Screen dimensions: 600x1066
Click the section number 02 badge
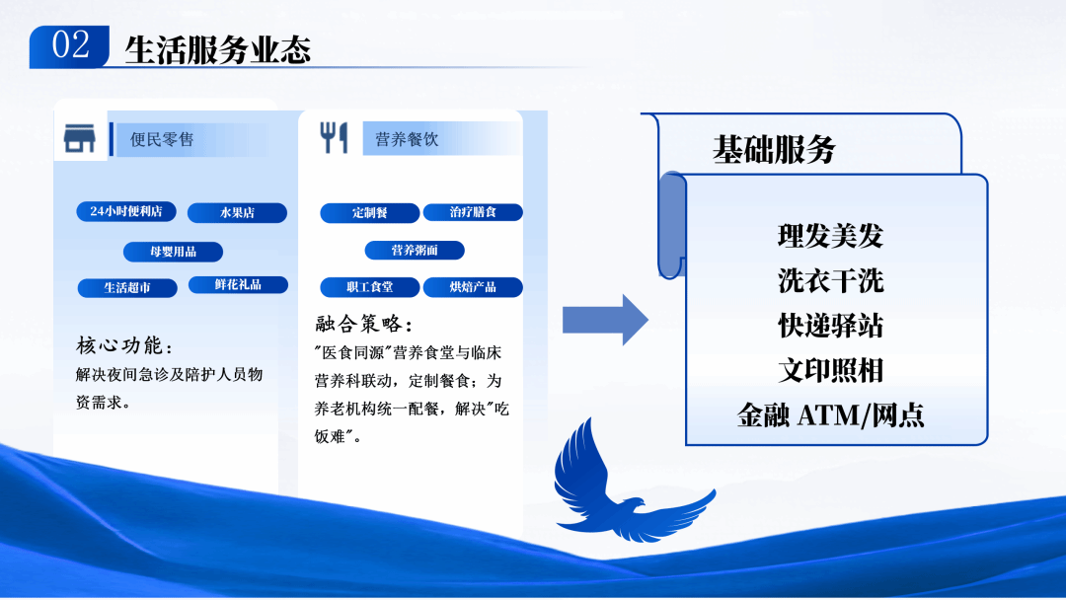pos(69,46)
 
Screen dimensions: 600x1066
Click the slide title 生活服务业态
pos(217,49)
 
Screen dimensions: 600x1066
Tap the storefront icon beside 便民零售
pos(80,139)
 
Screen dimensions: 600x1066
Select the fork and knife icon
pos(334,138)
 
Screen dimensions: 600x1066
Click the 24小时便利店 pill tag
pos(126,211)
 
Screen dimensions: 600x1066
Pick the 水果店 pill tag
pos(237,212)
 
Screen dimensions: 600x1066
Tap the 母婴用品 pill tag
pos(173,252)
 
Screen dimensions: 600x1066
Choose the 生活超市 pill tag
pos(127,288)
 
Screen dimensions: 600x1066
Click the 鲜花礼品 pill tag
pos(238,284)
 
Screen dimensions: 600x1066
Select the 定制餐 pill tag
pos(370,212)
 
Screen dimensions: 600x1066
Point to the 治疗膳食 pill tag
pos(473,212)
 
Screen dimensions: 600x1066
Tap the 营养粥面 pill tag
pos(415,250)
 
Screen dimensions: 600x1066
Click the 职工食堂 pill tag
pos(370,287)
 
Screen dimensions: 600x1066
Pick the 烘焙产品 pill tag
pos(473,287)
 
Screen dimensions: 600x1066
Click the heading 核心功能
pos(124,346)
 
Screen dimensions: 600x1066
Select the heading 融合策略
pos(363,325)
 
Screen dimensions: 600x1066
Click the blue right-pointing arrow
pos(604,320)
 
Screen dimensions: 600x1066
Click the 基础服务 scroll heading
pos(774,150)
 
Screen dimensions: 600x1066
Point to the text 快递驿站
pos(830,326)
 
